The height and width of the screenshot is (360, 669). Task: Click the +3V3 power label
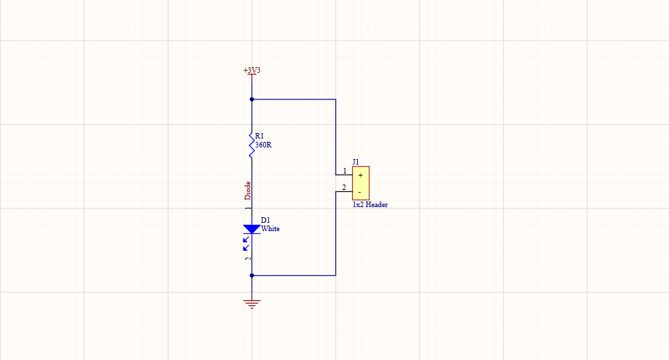(x=252, y=70)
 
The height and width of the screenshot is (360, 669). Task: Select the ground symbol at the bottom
(x=252, y=304)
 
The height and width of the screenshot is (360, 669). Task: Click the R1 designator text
(x=259, y=136)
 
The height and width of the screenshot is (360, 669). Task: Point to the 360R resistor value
(x=263, y=145)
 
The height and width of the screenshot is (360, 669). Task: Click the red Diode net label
(x=248, y=190)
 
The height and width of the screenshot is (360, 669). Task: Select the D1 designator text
(x=265, y=220)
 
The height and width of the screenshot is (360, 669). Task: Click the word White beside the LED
(x=270, y=228)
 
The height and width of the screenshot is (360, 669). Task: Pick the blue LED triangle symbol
(x=252, y=229)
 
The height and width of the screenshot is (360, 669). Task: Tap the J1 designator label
(x=356, y=162)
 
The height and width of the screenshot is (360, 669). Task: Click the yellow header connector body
(x=361, y=183)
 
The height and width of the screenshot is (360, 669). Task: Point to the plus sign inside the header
(x=361, y=176)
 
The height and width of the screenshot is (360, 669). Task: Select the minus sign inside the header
(x=360, y=192)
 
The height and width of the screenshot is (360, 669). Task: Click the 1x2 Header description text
(x=370, y=204)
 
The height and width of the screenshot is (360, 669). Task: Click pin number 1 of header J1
(x=345, y=171)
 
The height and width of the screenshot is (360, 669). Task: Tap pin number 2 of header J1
(x=344, y=187)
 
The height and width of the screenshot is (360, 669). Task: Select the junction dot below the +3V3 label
(x=252, y=99)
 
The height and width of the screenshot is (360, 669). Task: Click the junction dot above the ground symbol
(x=252, y=276)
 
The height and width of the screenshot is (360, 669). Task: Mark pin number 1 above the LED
(x=248, y=208)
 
